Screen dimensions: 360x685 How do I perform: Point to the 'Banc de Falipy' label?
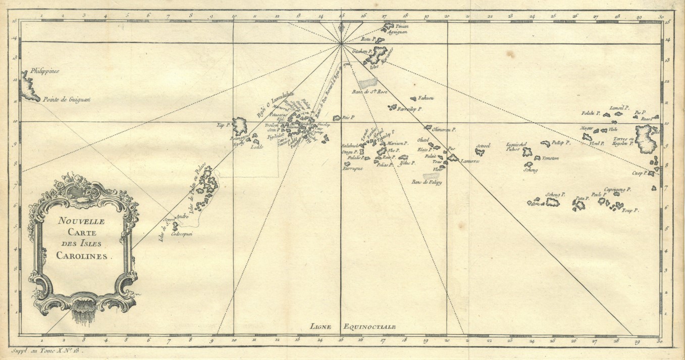tap(427, 182)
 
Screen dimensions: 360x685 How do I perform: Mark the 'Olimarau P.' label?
tap(444, 129)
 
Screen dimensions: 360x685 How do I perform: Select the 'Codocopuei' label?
tap(183, 234)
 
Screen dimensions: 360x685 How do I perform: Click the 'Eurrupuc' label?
tap(353, 169)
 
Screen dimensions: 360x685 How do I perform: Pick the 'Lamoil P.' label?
tap(618, 108)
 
